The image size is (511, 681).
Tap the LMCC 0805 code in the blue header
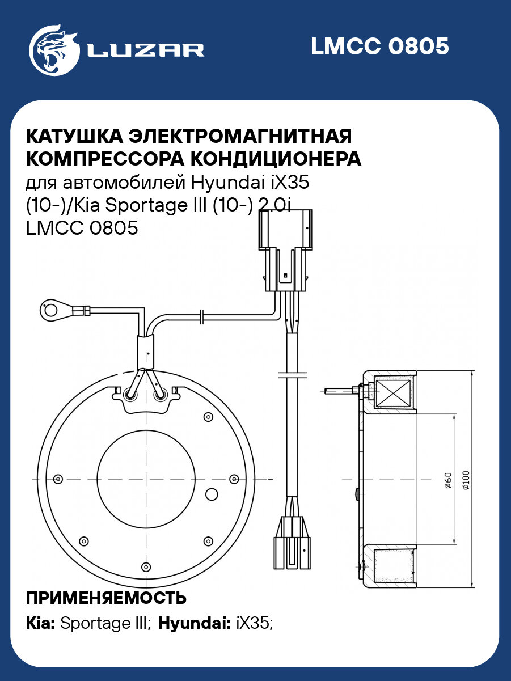(x=380, y=46)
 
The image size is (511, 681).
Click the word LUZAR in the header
(x=146, y=50)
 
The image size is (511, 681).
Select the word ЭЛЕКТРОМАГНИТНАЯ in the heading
(x=240, y=136)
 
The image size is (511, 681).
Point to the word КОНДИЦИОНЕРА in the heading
(x=275, y=159)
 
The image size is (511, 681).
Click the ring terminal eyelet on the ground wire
(x=51, y=310)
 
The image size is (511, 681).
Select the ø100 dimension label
(x=466, y=480)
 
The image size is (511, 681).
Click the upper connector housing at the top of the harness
(x=285, y=250)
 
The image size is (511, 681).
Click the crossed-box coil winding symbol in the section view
(x=392, y=393)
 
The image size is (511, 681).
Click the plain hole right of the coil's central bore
(x=212, y=494)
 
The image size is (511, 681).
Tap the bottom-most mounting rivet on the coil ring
(x=146, y=567)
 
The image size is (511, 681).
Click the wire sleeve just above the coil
(x=146, y=352)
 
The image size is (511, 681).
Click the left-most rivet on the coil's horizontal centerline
(x=58, y=479)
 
